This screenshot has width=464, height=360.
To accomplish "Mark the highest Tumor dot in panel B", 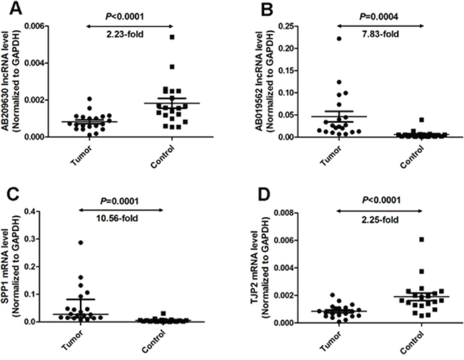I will [321, 38].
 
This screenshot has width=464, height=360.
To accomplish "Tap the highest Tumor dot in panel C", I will [81, 243].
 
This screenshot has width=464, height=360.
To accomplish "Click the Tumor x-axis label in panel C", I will [77, 342].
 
